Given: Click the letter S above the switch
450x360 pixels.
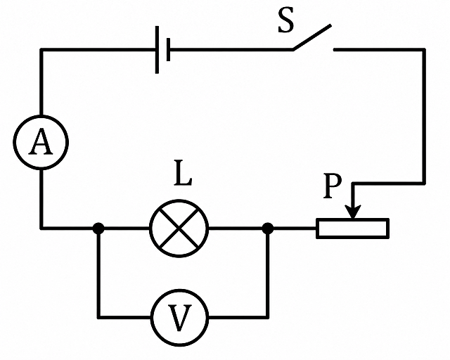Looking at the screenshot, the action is pos(286,20).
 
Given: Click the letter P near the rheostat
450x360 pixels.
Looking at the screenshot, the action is pos(333,186).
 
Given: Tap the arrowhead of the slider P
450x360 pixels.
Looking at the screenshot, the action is pos(353,212).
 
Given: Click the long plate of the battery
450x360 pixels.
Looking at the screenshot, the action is pos(157,50).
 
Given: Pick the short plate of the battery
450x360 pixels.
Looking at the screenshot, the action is pos(168,50).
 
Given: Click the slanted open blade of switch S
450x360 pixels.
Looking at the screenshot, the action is pos(312,37).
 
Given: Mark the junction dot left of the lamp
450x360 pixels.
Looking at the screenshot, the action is pos(98,229).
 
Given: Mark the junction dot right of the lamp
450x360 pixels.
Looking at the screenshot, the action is pos(268,229).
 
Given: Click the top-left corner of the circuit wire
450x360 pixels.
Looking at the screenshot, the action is pos(41,50).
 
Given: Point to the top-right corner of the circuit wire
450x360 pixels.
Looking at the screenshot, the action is pos(424,50).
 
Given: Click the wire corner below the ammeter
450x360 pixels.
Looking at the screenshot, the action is pos(41,229).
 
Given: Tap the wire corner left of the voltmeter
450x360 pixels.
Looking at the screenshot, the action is pos(98,317).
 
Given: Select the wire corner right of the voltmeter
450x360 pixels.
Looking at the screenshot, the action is pos(268,317).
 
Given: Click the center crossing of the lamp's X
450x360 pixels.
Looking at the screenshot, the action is pos(179,229).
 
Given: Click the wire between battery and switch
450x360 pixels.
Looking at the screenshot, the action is pos(231,50).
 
